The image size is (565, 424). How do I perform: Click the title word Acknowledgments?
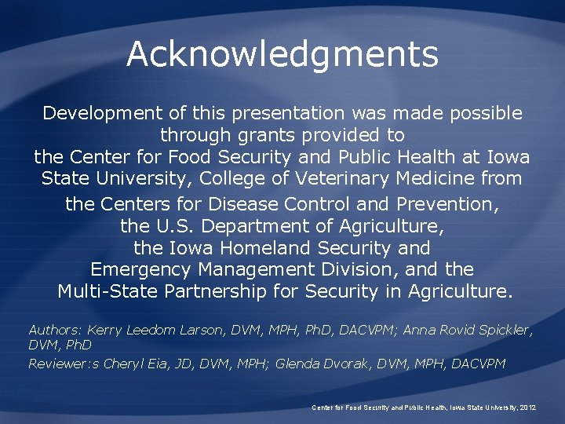coord(282,54)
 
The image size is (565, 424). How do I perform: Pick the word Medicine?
coord(436,178)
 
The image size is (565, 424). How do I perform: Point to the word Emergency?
coord(140,270)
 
